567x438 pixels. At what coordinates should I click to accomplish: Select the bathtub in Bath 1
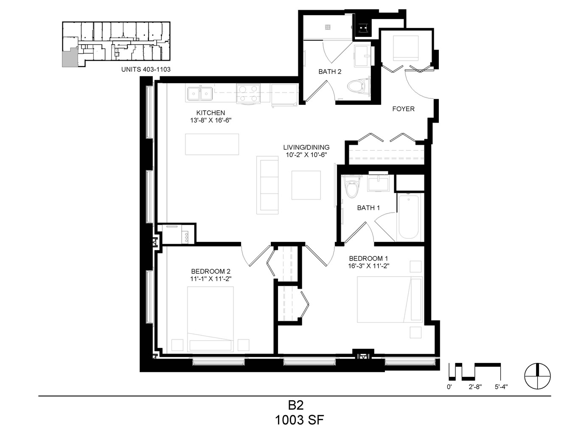point(408,217)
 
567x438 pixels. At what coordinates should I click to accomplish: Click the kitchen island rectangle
point(212,144)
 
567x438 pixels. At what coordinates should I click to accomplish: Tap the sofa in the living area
point(267,185)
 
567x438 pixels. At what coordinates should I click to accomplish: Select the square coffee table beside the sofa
point(306,185)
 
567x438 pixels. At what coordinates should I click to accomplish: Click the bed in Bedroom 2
point(211,319)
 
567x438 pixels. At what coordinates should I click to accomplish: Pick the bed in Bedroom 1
point(390,300)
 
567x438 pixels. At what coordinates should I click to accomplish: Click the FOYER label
point(404,109)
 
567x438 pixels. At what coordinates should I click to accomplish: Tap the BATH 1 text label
point(368,208)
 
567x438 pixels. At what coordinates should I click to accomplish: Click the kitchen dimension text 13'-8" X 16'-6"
point(211,120)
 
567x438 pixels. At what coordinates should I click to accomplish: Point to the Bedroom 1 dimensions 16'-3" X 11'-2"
point(368,266)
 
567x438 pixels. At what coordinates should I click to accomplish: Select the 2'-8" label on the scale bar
point(475,387)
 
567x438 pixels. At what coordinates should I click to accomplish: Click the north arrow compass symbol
point(538,376)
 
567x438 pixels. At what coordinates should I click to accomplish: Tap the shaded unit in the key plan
point(70,57)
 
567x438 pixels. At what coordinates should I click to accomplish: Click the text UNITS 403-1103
point(146,69)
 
